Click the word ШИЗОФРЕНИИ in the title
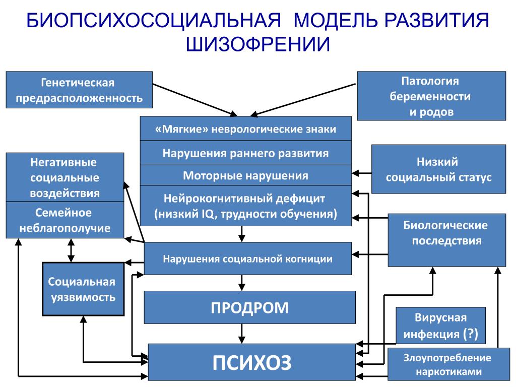257,44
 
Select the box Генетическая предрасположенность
79,90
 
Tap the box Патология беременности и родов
431,96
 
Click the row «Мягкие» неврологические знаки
246,128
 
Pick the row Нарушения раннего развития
246,153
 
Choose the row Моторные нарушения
246,175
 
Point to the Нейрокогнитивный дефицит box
246,206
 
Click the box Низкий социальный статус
439,169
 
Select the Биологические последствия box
447,240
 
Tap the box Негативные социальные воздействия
65,177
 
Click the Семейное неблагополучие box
65,220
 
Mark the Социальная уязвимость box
83,289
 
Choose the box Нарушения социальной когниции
248,259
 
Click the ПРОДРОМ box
250,307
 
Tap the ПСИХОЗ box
252,362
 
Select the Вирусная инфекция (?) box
440,326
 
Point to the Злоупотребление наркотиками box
449,365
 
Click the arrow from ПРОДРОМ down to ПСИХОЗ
242,334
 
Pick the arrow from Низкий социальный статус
362,173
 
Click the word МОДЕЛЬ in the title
335,20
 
